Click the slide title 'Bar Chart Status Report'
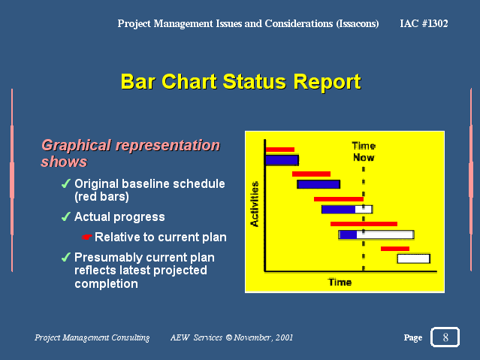click(241, 81)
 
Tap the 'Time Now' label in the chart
click(364, 152)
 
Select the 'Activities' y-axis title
click(255, 204)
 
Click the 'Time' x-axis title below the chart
click(340, 282)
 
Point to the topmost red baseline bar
click(279, 150)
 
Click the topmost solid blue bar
click(282, 160)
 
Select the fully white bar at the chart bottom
click(414, 259)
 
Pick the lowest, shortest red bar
click(395, 249)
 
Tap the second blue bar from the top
click(318, 184)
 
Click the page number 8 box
click(445, 337)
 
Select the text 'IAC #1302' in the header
click(424, 23)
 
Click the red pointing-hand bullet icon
click(86, 237)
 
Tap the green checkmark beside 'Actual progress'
click(66, 216)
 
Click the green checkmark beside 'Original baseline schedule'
click(66, 183)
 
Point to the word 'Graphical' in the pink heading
click(76, 145)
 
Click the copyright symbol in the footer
click(228, 337)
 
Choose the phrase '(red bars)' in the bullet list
click(101, 197)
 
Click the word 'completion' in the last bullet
click(106, 283)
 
